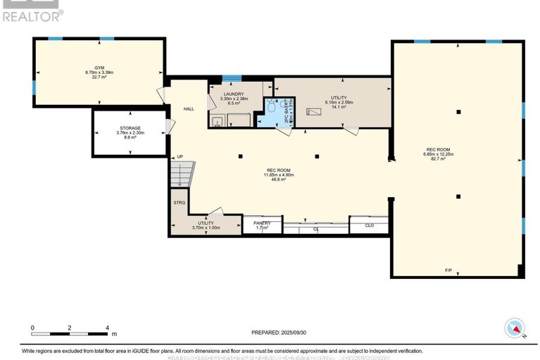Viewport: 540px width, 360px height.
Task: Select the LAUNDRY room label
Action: pyautogui.click(x=234, y=94)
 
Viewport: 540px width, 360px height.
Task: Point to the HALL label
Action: pyautogui.click(x=189, y=109)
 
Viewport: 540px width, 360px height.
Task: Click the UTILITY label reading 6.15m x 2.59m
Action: pyautogui.click(x=339, y=98)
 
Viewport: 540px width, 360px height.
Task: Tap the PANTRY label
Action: pyautogui.click(x=262, y=223)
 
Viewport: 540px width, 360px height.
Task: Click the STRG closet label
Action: pyautogui.click(x=179, y=202)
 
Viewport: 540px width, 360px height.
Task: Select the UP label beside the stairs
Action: pyautogui.click(x=180, y=156)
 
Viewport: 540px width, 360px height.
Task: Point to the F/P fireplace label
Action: pyautogui.click(x=448, y=271)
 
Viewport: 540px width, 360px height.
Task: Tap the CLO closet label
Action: pyautogui.click(x=369, y=225)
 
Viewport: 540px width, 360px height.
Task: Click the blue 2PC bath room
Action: pyautogui.click(x=270, y=113)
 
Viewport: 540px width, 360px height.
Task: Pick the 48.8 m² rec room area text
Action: pyautogui.click(x=279, y=180)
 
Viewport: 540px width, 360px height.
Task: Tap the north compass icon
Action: pyautogui.click(x=515, y=328)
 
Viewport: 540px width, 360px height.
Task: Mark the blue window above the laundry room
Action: pyautogui.click(x=232, y=78)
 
